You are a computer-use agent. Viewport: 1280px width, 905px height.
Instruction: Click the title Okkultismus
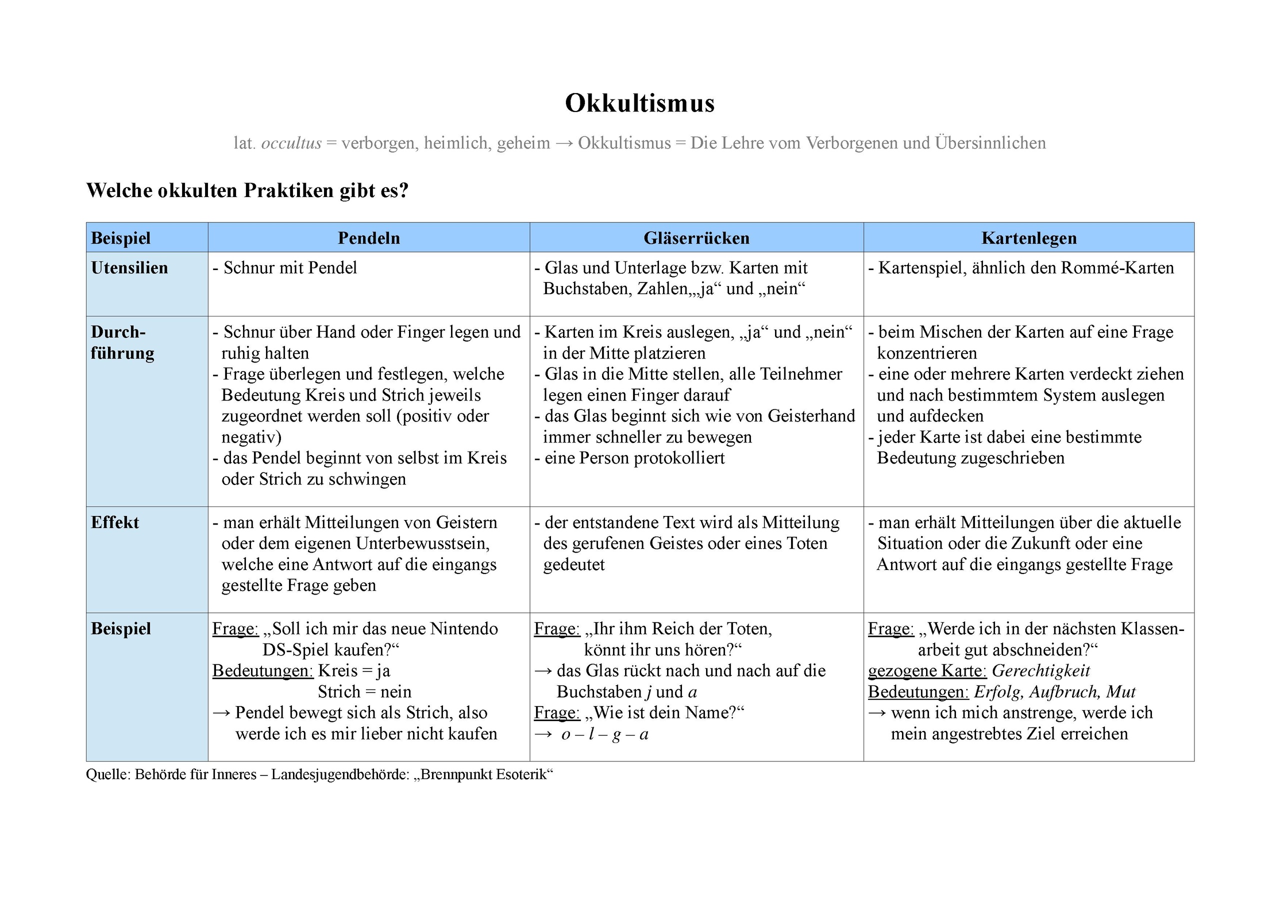click(x=639, y=103)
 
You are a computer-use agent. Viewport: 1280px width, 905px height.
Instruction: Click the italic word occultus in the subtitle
click(x=291, y=143)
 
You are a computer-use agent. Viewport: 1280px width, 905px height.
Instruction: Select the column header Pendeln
click(x=368, y=238)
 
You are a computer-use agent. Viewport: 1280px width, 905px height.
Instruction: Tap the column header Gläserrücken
click(x=696, y=238)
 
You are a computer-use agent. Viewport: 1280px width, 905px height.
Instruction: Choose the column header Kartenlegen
click(x=1028, y=238)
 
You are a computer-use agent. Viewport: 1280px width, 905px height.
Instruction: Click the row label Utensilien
click(x=129, y=268)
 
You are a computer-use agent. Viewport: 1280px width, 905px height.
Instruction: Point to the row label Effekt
click(x=115, y=522)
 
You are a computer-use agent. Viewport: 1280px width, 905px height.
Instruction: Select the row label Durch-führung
click(x=122, y=342)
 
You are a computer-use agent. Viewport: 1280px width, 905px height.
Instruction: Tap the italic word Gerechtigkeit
click(x=1041, y=671)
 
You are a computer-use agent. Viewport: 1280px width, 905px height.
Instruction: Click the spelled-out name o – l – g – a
click(x=605, y=734)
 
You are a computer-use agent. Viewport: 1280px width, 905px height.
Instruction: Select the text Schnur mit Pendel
click(x=290, y=268)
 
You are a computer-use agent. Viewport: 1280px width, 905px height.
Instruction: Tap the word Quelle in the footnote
click(x=107, y=774)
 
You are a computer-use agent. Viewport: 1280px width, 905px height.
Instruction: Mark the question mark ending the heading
click(x=403, y=190)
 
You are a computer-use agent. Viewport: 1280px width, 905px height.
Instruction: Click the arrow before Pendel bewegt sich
click(x=221, y=713)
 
